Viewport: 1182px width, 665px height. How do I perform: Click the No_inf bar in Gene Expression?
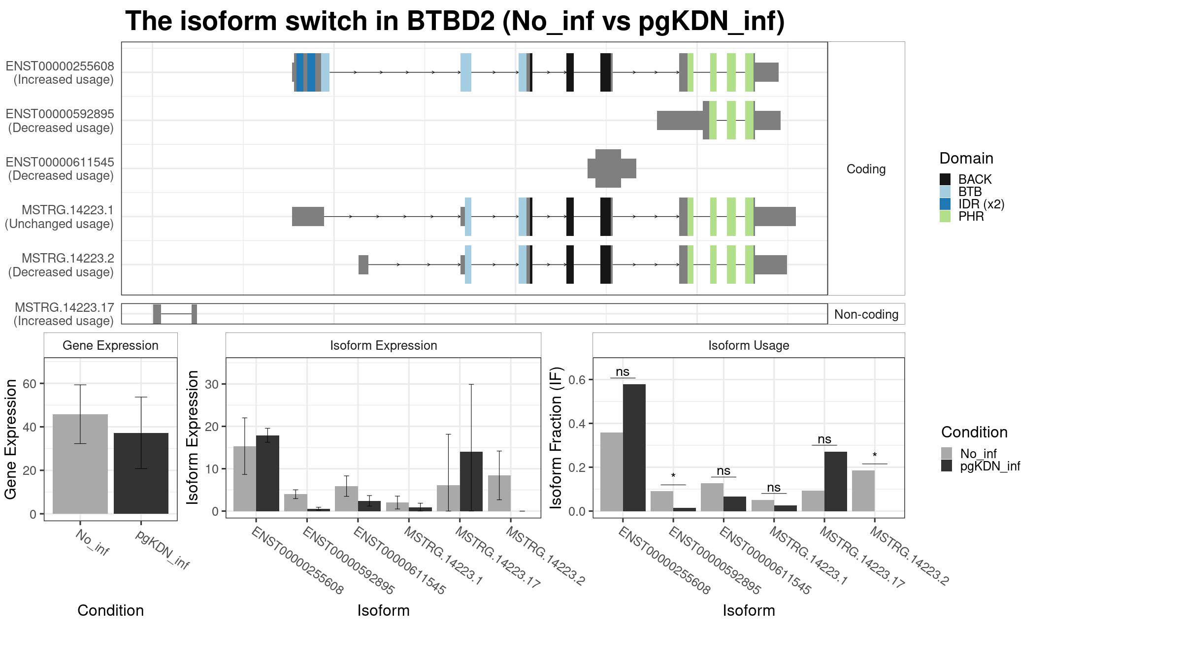[80, 464]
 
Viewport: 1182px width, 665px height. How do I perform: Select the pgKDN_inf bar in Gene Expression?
[141, 473]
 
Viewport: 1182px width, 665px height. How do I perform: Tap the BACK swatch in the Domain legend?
[945, 179]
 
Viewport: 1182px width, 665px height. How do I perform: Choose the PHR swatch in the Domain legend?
[945, 216]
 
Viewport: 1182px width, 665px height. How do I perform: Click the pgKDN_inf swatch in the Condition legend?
[947, 466]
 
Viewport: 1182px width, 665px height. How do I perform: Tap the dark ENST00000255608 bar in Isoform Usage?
[634, 448]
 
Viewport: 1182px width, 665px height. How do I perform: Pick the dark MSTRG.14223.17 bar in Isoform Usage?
[836, 481]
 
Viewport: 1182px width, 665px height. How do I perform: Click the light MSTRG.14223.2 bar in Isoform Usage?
[863, 491]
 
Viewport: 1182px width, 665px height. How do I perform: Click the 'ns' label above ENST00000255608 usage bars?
[623, 372]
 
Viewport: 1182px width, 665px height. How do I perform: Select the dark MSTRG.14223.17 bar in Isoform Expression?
[471, 481]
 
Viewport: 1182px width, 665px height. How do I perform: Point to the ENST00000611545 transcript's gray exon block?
[612, 168]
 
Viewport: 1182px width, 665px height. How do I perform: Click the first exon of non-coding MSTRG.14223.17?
[157, 314]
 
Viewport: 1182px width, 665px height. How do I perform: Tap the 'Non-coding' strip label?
[866, 314]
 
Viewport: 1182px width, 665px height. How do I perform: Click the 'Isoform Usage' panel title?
[749, 345]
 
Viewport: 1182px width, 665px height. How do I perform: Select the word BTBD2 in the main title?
[450, 21]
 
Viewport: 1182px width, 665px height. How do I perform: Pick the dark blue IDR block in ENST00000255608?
[300, 72]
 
